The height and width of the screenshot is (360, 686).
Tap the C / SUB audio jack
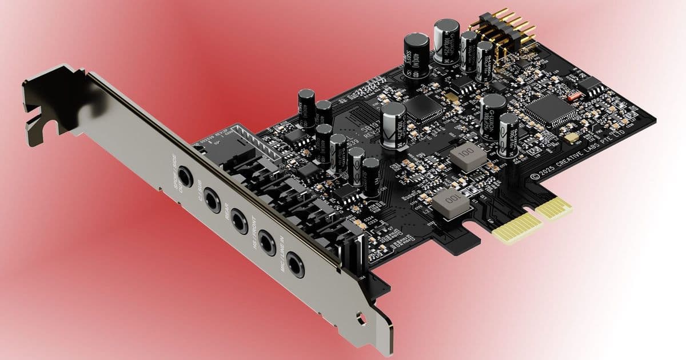[x=213, y=199]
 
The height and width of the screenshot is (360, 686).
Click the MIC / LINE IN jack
[x=295, y=263]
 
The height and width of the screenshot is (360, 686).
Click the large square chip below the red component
[x=546, y=109]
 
